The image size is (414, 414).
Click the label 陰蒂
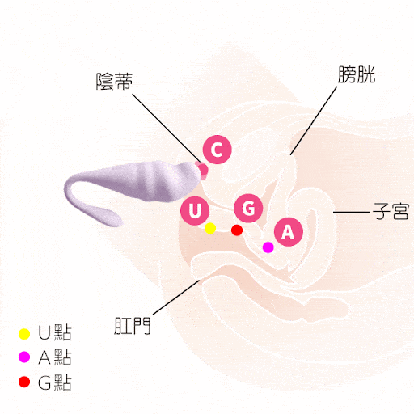115,82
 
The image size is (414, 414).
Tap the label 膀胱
357,74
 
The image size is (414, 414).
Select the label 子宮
391,211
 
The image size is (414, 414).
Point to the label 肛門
132,326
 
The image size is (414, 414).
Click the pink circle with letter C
218,150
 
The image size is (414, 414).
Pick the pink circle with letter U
195,210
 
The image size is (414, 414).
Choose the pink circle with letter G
248,208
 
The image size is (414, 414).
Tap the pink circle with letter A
289,232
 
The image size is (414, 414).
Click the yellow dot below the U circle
210,228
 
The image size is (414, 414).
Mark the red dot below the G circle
237,230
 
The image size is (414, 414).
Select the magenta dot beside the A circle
268,247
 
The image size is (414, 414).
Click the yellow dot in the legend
24,334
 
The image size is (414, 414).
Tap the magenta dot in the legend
24,357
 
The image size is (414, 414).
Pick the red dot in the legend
24,382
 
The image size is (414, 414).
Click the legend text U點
55,332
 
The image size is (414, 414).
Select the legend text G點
55,382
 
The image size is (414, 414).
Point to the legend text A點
55,357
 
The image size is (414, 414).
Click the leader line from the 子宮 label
351,212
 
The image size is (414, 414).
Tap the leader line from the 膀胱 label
314,120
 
